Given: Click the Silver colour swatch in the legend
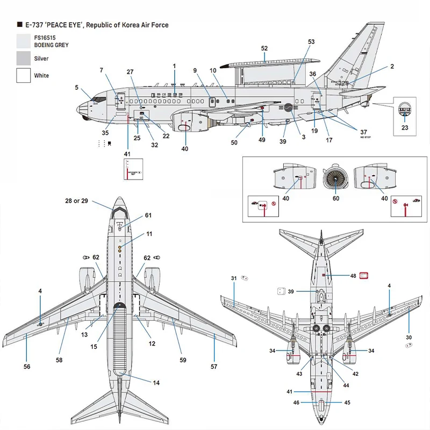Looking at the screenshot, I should tap(24, 58).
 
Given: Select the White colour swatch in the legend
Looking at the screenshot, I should tap(24, 75).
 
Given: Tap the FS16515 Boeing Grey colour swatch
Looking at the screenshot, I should tap(24, 41).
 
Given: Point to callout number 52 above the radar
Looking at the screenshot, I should tap(264, 48).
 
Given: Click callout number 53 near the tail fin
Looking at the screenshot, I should tap(311, 42).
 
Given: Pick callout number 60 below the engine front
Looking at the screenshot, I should tap(336, 199).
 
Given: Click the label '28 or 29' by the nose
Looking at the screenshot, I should tap(76, 200).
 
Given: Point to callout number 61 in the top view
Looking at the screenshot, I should tap(148, 216).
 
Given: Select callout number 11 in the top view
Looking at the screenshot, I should tap(149, 234).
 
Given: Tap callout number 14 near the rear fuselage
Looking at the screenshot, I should tap(156, 383).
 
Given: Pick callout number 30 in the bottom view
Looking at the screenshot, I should tap(408, 338).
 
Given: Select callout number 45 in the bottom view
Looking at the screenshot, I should tap(347, 402).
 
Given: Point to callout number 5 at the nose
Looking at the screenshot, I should tap(77, 87).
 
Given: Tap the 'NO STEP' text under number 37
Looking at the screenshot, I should tap(365, 138).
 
